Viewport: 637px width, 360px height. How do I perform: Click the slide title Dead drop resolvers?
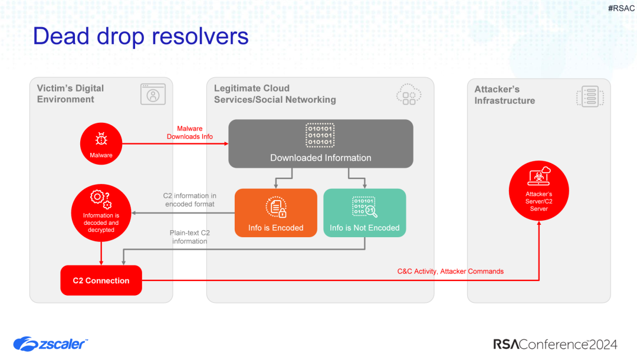click(x=140, y=37)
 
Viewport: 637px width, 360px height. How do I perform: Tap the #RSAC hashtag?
click(x=621, y=8)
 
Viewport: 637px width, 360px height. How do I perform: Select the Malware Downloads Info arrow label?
click(x=189, y=133)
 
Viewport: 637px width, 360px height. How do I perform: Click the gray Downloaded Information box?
click(x=320, y=143)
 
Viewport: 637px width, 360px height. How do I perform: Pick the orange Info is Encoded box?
click(x=275, y=213)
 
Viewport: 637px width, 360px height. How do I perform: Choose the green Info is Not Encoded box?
click(x=365, y=213)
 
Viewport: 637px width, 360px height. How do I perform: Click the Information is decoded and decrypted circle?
click(x=101, y=214)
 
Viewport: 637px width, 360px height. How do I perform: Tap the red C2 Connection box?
click(x=101, y=280)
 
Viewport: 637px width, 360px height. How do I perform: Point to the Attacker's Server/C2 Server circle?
click(x=539, y=192)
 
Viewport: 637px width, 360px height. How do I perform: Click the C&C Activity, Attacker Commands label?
click(x=451, y=271)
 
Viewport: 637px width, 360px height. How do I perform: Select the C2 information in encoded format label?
click(x=189, y=200)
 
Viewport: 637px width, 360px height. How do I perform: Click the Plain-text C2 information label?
click(x=189, y=237)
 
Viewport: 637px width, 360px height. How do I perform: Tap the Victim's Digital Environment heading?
click(x=70, y=94)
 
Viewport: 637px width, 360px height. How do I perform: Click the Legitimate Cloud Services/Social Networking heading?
click(x=275, y=94)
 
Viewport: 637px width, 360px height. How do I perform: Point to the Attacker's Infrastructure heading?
click(x=504, y=95)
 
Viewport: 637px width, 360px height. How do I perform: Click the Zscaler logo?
click(x=51, y=343)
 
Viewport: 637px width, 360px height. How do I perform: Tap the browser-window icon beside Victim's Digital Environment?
click(x=153, y=94)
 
